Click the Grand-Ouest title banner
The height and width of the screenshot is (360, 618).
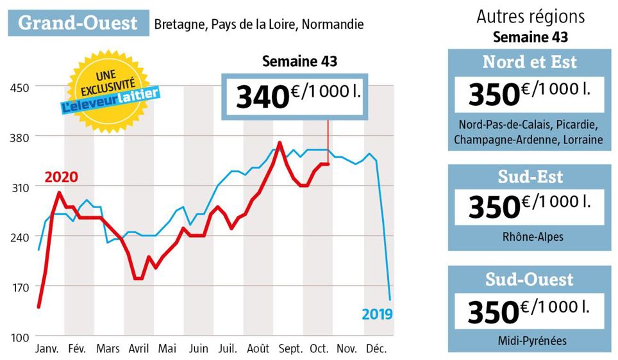(78, 23)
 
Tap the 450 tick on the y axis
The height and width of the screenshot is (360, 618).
(18, 86)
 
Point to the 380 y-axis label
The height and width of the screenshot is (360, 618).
(18, 136)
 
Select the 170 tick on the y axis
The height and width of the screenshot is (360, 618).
(18, 287)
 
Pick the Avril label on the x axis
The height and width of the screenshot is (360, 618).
(139, 349)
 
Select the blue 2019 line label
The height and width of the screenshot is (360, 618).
(376, 314)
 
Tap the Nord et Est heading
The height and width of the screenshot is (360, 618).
(530, 61)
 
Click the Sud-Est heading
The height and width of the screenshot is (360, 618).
(530, 176)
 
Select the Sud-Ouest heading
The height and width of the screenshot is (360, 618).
(530, 280)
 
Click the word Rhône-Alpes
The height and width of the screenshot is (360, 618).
(529, 236)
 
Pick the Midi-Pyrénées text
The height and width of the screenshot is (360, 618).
(529, 340)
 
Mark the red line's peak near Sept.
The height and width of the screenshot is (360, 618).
(280, 142)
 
